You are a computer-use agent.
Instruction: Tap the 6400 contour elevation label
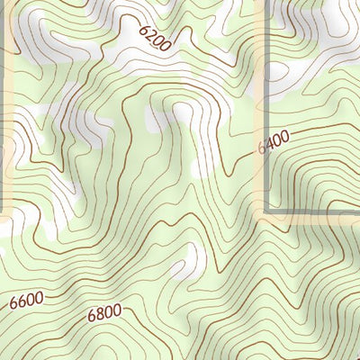(274, 142)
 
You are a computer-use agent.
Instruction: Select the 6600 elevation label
(26, 301)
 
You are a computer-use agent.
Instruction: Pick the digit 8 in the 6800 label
(100, 315)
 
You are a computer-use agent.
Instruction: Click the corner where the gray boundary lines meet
(265, 212)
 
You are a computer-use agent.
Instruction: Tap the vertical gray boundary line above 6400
(265, 72)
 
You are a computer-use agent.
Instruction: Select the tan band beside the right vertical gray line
(259, 90)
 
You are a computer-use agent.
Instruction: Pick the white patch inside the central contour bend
(184, 112)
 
